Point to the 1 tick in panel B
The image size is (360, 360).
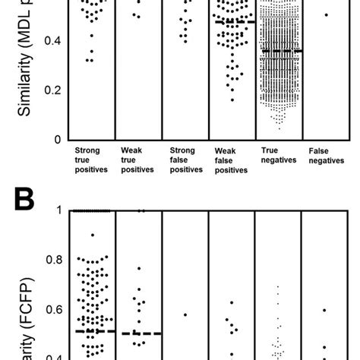59,210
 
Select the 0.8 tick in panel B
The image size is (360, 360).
52,260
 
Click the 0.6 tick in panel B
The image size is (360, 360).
52,310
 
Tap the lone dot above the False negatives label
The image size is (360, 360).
326,14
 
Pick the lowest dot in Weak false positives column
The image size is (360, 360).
232,100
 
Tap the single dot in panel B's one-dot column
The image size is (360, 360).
185,314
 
